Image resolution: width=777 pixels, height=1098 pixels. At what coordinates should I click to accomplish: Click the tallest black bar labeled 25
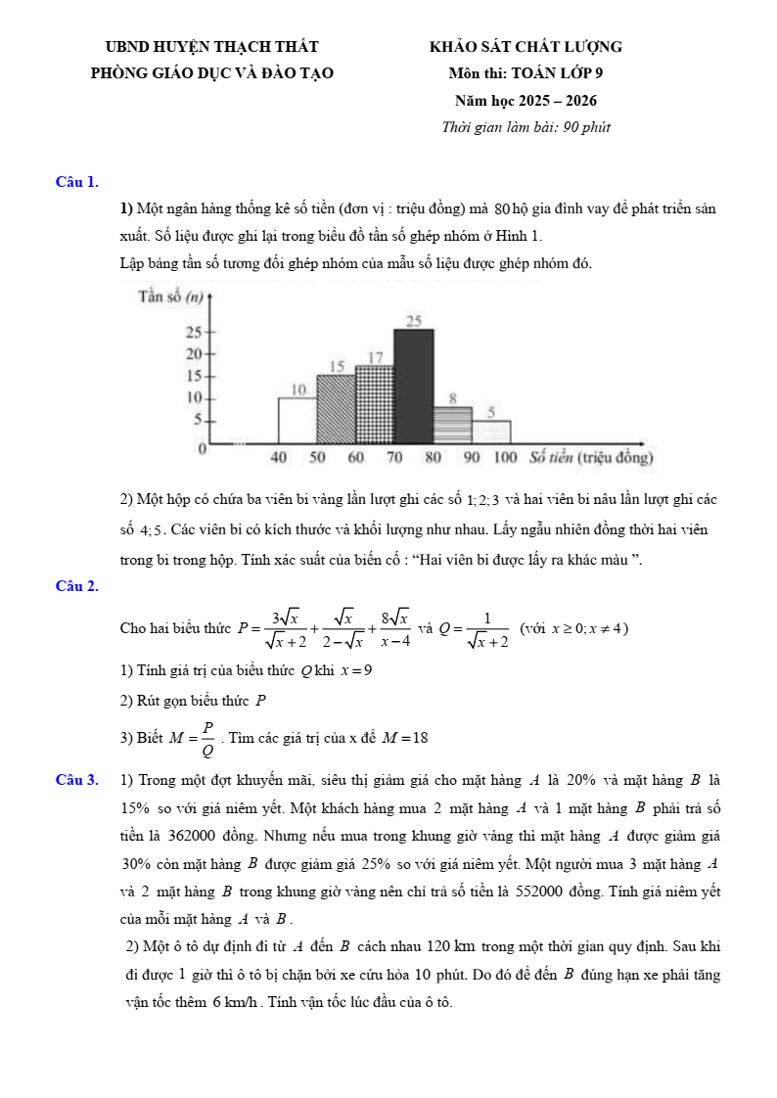(413, 386)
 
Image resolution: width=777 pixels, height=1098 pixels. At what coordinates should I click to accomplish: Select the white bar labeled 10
(297, 420)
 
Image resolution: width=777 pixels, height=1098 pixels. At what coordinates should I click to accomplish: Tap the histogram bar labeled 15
(336, 408)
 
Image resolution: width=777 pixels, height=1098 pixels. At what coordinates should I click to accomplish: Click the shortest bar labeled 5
(491, 432)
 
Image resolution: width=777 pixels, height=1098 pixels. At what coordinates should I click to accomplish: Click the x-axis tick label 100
(505, 457)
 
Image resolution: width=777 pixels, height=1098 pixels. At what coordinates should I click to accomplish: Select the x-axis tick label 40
(279, 457)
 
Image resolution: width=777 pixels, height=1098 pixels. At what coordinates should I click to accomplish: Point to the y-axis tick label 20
(194, 353)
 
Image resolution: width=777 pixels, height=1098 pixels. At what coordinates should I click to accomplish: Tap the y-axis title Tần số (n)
(170, 297)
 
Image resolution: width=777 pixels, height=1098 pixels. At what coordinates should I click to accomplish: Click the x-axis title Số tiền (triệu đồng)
(590, 457)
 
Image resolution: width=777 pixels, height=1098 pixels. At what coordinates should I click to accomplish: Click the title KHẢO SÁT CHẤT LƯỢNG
(526, 47)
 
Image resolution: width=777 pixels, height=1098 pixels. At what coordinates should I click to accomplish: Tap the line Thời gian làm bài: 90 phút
(526, 127)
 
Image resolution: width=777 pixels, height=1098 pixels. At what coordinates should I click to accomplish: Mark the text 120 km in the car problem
(452, 947)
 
